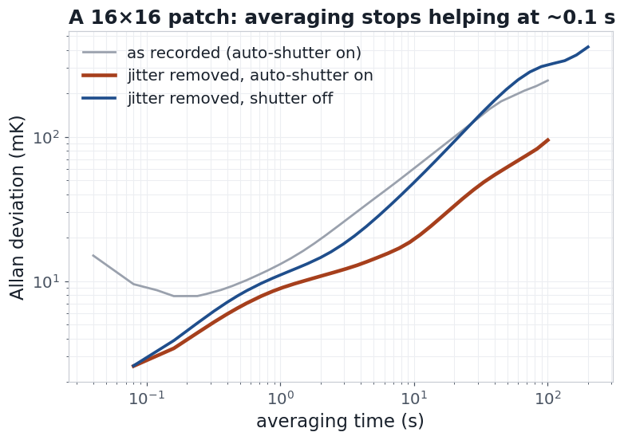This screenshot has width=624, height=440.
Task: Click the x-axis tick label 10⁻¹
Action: pos(147,398)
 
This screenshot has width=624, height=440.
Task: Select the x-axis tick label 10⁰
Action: pos(280,398)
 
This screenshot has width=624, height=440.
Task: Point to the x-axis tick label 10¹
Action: pos(414,398)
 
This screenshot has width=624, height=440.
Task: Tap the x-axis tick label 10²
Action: pos(547,398)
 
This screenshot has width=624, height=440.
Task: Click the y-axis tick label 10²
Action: pos(46,138)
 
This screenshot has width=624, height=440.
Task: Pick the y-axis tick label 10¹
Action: pos(46,282)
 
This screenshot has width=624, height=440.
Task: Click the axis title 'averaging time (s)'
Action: pos(340,422)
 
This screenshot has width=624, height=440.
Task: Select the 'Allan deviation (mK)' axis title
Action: pos(17,208)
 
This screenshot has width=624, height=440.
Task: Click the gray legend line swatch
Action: pos(99,53)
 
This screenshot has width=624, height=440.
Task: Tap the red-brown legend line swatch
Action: pos(99,75)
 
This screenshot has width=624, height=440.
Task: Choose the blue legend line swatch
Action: pos(99,98)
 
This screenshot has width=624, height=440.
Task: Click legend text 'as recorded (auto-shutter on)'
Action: pos(244,53)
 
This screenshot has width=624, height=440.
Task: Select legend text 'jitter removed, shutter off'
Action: pos(230,98)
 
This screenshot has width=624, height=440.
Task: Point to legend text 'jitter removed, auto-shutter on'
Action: pos(250,76)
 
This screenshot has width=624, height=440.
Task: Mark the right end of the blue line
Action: pos(589,47)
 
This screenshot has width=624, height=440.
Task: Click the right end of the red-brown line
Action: pos(548,139)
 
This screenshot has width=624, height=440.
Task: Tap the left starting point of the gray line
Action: pos(93,255)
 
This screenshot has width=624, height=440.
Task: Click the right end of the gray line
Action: pos(548,81)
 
